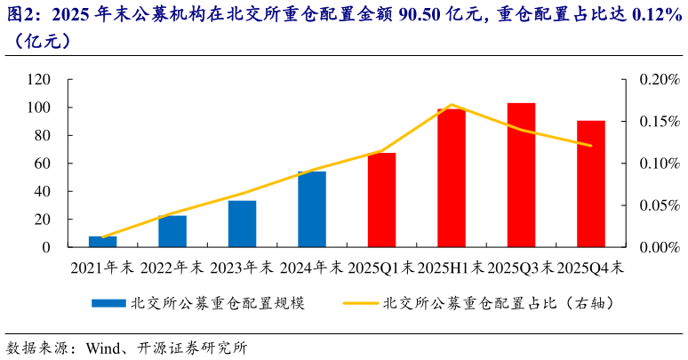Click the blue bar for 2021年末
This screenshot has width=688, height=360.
click(102, 242)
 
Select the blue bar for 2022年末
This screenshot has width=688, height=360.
click(172, 231)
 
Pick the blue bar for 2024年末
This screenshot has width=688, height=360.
click(312, 209)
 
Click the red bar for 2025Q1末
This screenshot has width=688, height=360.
click(381, 200)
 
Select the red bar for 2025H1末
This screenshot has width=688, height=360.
click(452, 178)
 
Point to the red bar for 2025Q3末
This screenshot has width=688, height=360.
click(521, 175)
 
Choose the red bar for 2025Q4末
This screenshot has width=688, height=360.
click(591, 184)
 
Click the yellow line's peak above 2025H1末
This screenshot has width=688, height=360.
click(452, 105)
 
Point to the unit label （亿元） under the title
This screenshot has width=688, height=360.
click(37, 41)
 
